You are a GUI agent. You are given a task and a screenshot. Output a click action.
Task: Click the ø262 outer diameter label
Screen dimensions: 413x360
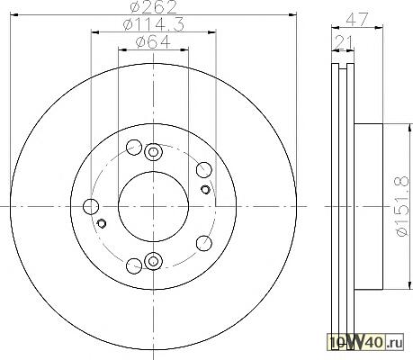(x=153, y=7)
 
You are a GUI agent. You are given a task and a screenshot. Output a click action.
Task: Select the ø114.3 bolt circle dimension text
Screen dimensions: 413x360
(x=153, y=24)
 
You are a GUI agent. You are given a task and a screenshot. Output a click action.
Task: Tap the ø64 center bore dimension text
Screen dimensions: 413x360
(x=153, y=42)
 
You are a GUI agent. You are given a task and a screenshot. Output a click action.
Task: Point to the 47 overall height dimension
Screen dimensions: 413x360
(x=357, y=20)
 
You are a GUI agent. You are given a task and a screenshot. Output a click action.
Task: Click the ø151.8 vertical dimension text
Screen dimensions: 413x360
(x=402, y=206)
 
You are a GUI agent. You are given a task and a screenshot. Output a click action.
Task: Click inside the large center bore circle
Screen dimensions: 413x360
(x=153, y=206)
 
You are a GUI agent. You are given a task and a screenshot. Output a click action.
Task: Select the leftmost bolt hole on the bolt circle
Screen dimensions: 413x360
(x=91, y=207)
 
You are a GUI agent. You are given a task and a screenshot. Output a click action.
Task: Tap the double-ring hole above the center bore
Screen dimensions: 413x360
(x=153, y=152)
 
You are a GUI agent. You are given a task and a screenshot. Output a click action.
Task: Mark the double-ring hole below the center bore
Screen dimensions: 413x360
(x=153, y=261)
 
